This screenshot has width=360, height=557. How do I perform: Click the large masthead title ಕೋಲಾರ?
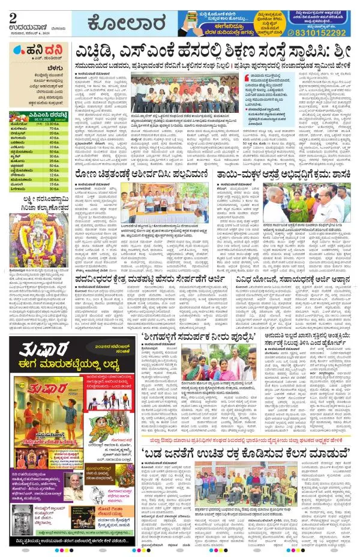pyautogui.click(x=127, y=25)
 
